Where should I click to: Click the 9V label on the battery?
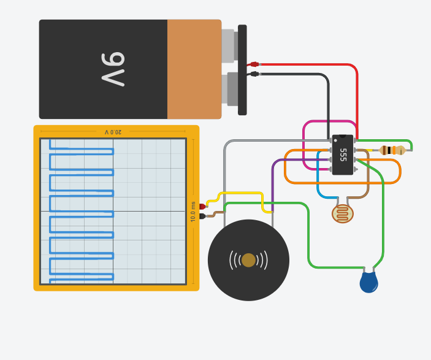[x=113, y=69]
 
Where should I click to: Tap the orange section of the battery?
[x=194, y=69]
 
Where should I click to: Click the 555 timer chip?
[x=343, y=155]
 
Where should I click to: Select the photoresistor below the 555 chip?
[x=343, y=213]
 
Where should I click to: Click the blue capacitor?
[x=368, y=283]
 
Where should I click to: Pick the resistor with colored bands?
[x=392, y=150]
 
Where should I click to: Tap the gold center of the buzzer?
[x=248, y=260]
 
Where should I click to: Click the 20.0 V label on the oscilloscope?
[x=113, y=132]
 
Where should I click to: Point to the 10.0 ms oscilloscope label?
[x=193, y=212]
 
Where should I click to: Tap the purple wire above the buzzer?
[x=273, y=184]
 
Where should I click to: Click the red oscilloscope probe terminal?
[x=202, y=207]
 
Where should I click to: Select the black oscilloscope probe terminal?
[x=202, y=216]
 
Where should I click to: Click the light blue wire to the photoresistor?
[x=318, y=184]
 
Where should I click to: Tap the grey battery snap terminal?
[x=227, y=46]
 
